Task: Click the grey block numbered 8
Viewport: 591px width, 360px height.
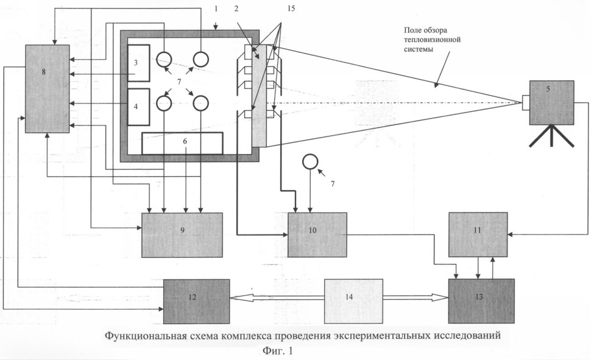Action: (48, 88)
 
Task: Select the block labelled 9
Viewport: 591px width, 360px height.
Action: (182, 235)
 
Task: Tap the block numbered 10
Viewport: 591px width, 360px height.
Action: (317, 235)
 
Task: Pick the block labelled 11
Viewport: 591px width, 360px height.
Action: (478, 235)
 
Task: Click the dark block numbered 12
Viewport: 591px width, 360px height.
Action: (196, 301)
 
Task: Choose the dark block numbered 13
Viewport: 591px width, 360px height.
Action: (481, 301)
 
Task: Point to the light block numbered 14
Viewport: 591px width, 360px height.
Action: (353, 301)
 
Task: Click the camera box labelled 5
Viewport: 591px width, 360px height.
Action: (552, 102)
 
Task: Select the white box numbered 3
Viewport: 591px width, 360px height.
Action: (139, 63)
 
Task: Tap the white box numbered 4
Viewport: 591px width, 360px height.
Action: (139, 107)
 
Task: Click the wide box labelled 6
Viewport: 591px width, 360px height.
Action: (182, 143)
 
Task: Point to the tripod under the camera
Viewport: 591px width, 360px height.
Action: (552, 136)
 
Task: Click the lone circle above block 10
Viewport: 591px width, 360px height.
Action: (310, 162)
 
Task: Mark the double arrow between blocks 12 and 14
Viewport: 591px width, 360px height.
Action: (277, 298)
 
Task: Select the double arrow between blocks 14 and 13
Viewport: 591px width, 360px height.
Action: (416, 297)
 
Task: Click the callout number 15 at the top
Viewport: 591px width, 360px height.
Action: (291, 9)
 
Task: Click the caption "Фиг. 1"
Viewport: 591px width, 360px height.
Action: (277, 351)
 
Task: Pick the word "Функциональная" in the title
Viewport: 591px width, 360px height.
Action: (146, 336)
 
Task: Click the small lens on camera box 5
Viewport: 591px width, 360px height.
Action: (526, 102)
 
